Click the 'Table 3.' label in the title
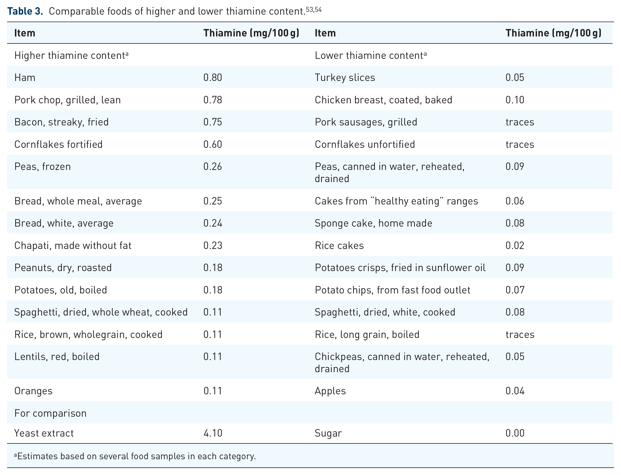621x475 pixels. pyautogui.click(x=25, y=11)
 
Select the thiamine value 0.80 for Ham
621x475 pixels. pyautogui.click(x=212, y=77)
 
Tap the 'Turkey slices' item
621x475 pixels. pyautogui.click(x=345, y=77)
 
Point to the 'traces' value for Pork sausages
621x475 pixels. pyautogui.click(x=520, y=122)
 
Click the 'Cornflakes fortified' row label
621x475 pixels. pyautogui.click(x=59, y=145)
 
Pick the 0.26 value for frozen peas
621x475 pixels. pyautogui.click(x=212, y=167)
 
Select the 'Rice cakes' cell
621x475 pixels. pyautogui.click(x=339, y=245)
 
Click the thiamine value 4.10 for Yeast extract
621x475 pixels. pyautogui.click(x=213, y=433)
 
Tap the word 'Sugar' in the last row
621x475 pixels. pyautogui.click(x=328, y=434)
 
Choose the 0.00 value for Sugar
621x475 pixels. pyautogui.click(x=515, y=433)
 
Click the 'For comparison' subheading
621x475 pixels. pyautogui.click(x=50, y=413)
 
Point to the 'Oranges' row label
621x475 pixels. pyautogui.click(x=33, y=391)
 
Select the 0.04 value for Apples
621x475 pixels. pyautogui.click(x=515, y=391)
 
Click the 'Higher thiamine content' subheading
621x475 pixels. pyautogui.click(x=71, y=56)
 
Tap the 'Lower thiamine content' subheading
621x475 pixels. pyautogui.click(x=370, y=56)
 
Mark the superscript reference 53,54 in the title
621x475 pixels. pyautogui.click(x=314, y=10)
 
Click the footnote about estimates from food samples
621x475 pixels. pyautogui.click(x=135, y=456)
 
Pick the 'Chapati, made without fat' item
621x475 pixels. pyautogui.click(x=73, y=245)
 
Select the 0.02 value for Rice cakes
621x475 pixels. pyautogui.click(x=515, y=245)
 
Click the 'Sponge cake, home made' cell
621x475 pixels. pyautogui.click(x=373, y=223)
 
